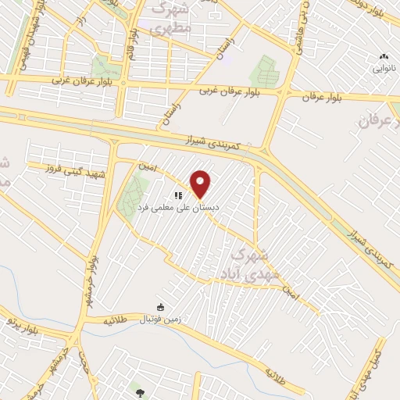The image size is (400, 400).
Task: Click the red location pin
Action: [x=202, y=184]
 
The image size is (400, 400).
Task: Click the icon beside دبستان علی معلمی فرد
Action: [x=178, y=195]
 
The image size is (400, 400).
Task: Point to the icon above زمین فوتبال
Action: [x=161, y=307]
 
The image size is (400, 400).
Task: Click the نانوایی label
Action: [x=383, y=69]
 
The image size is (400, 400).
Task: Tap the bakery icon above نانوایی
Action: [x=383, y=57]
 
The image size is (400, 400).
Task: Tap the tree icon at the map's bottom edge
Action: [x=140, y=393]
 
